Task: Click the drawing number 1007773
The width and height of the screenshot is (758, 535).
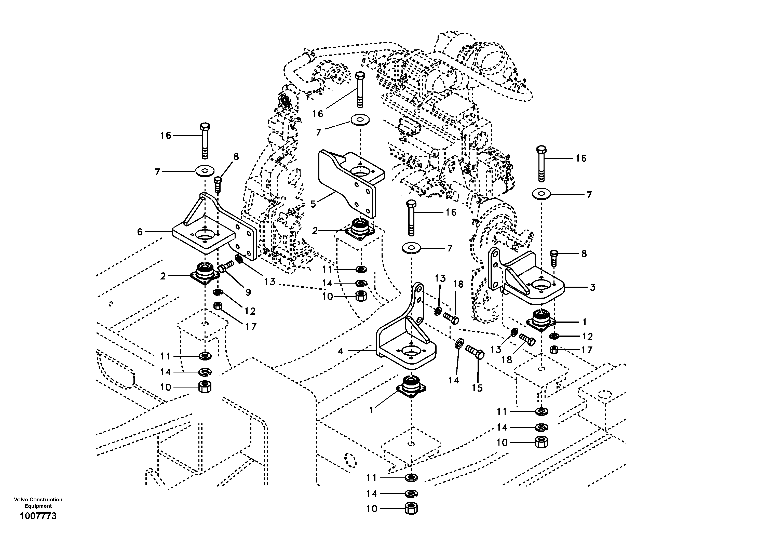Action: click(38, 516)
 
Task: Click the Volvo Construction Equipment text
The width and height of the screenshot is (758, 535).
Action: click(38, 503)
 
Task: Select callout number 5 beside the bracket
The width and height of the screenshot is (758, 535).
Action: click(313, 204)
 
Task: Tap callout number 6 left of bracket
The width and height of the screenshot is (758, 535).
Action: click(140, 232)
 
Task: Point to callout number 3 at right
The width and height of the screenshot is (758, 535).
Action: click(593, 287)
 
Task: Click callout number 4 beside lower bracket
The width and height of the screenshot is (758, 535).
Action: click(340, 351)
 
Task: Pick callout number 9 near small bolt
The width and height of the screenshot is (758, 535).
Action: click(248, 292)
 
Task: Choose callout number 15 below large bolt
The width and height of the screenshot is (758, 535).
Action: click(477, 388)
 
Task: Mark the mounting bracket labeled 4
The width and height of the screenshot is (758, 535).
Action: click(406, 347)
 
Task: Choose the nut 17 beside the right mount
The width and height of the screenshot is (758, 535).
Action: click(555, 349)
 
